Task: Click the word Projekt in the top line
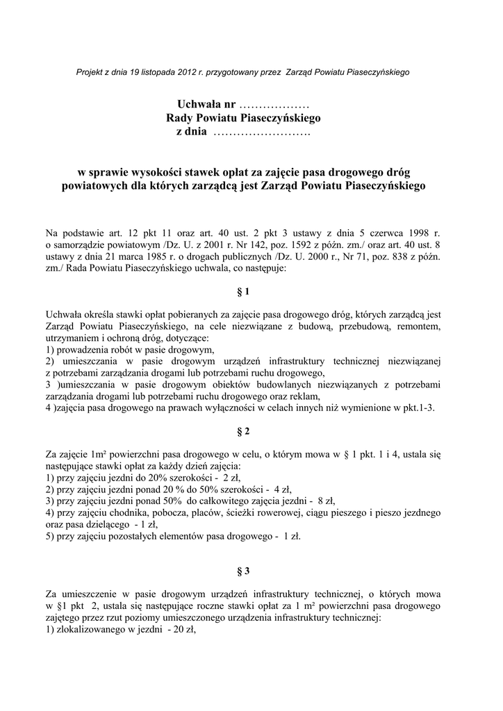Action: pyautogui.click(x=90, y=72)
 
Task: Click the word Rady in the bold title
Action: pyautogui.click(x=181, y=119)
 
